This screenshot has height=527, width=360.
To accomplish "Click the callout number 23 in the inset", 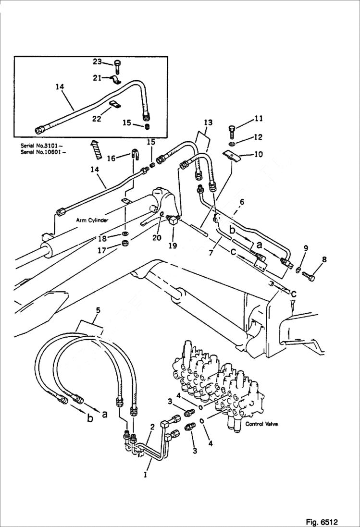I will pyautogui.click(x=97, y=61).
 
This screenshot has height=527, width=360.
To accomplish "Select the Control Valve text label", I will pyautogui.click(x=261, y=424).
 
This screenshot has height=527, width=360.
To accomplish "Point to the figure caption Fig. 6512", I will pyautogui.click(x=322, y=522).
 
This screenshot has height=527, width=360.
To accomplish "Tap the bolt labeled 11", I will pyautogui.click(x=231, y=130).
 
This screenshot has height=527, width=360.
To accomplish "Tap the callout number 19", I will pyautogui.click(x=173, y=245).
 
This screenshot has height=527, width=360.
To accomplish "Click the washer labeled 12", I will pyautogui.click(x=232, y=143).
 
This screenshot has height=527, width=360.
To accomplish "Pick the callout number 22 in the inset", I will pyautogui.click(x=97, y=118).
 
